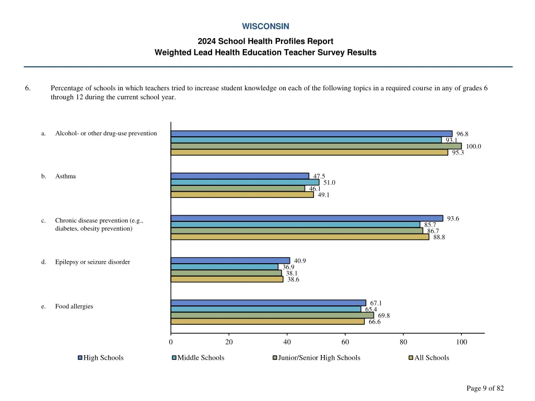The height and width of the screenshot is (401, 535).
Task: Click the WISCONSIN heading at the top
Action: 265,26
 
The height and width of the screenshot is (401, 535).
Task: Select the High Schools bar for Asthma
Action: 240,176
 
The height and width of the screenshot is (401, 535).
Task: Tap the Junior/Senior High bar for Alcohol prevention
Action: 316,146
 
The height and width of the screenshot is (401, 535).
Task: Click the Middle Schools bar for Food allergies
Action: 266,309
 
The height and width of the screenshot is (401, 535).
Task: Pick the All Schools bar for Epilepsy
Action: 227,279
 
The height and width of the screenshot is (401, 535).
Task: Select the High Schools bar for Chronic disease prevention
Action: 307,218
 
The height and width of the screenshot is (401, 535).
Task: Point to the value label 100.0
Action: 473,147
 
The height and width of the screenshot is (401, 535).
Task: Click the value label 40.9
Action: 300,261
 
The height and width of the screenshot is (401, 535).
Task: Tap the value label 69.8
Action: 383,315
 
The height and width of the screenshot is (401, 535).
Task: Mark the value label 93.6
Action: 453,218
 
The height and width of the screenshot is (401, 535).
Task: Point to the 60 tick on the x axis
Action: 345,342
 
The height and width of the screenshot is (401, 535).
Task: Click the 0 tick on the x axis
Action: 171,342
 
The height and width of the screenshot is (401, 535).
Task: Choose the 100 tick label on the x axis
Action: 461,342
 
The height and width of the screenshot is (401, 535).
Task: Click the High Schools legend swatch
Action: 80,358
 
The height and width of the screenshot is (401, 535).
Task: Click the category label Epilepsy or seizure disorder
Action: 92,262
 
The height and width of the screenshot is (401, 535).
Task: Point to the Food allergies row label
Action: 74,306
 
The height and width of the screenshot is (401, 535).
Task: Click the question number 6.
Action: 27,88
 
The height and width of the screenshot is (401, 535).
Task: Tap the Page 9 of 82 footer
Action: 485,388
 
